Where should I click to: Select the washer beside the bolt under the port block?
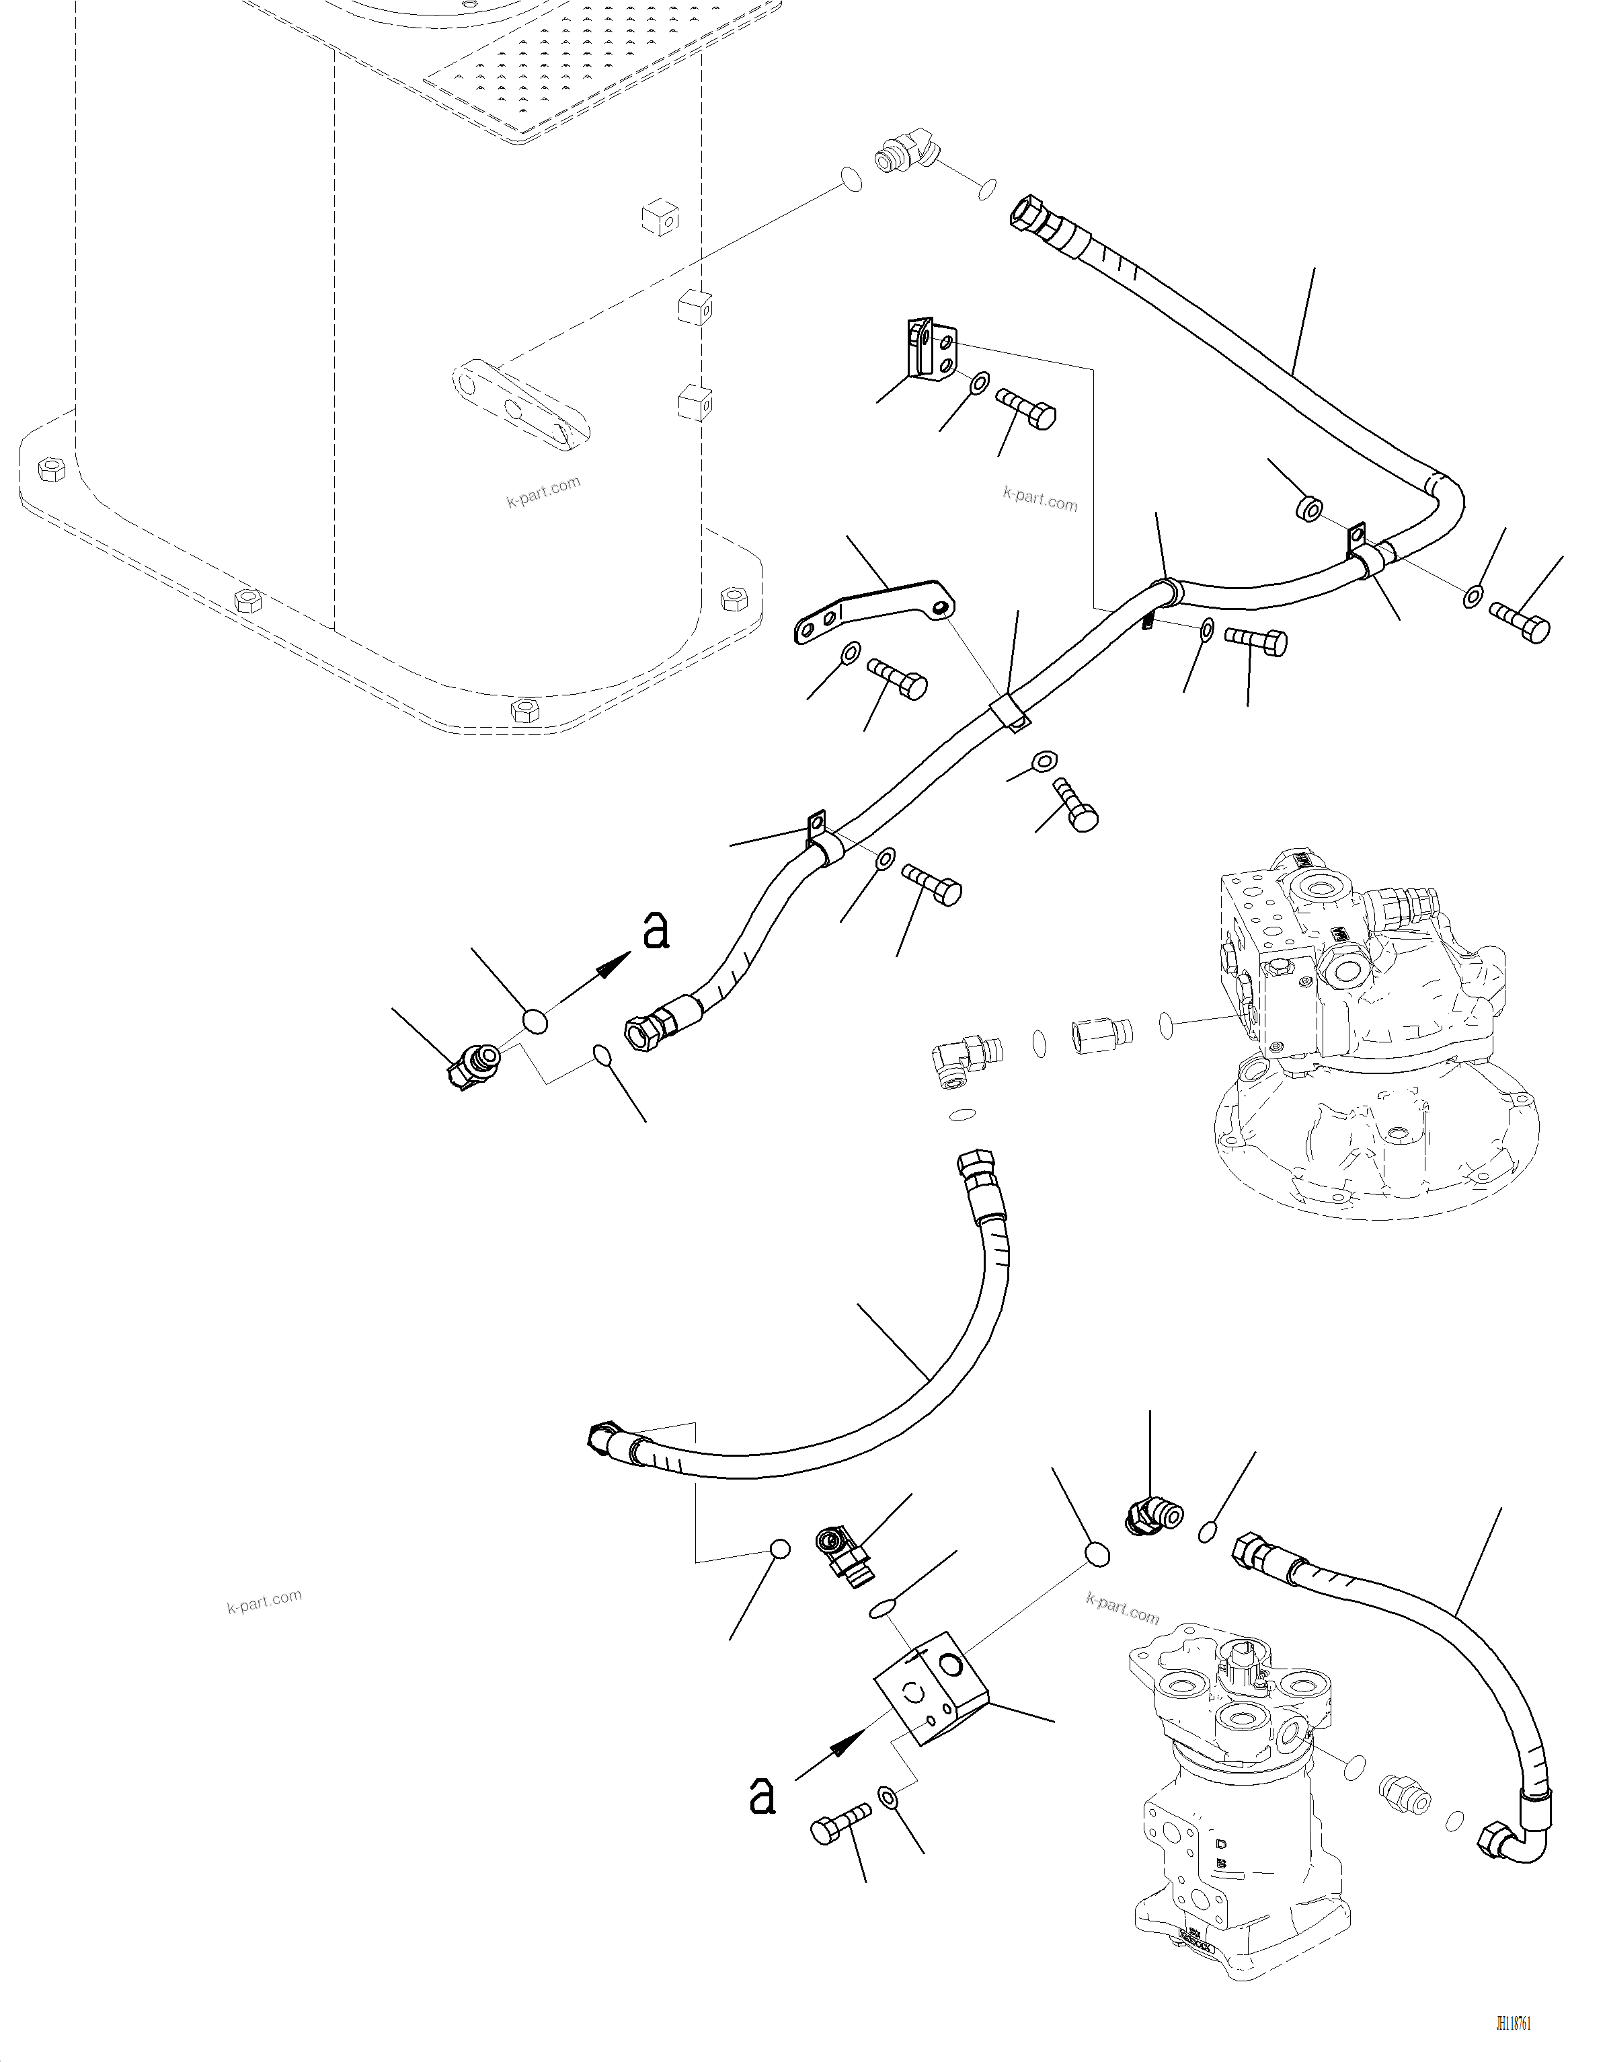click(x=888, y=1797)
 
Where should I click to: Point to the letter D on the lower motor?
click(x=1221, y=1843)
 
